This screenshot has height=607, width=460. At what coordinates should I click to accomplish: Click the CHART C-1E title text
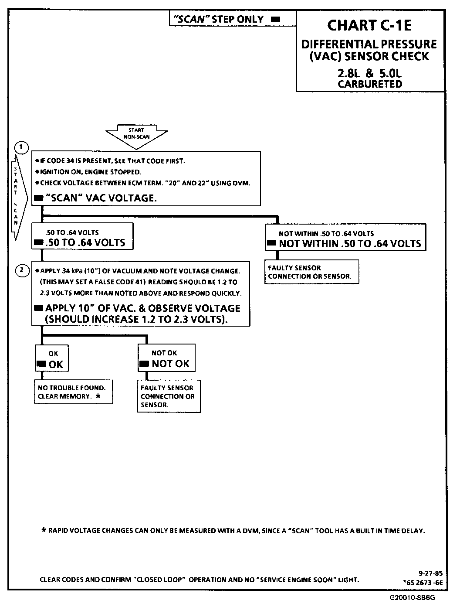coord(369,25)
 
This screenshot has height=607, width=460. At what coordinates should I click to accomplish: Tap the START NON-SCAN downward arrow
coord(136,134)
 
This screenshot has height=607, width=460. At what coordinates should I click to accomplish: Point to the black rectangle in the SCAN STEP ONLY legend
coord(275,20)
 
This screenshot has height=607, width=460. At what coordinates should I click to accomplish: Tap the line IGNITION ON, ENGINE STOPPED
coord(91,172)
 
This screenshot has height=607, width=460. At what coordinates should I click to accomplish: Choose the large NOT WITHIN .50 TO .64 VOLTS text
coord(350,244)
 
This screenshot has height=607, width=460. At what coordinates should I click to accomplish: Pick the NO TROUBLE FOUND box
coord(73,392)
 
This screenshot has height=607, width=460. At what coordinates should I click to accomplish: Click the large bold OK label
coord(56,365)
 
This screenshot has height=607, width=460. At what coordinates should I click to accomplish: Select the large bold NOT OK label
coord(170,364)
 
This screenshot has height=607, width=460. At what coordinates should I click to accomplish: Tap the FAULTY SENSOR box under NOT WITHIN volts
coord(311,272)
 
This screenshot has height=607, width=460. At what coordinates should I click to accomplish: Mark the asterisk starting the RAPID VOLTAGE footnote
coord(44,531)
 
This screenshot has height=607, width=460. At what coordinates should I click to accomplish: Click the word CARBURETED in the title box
coord(370,84)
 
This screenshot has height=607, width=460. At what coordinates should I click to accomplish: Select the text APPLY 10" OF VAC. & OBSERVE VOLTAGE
coord(142,308)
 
